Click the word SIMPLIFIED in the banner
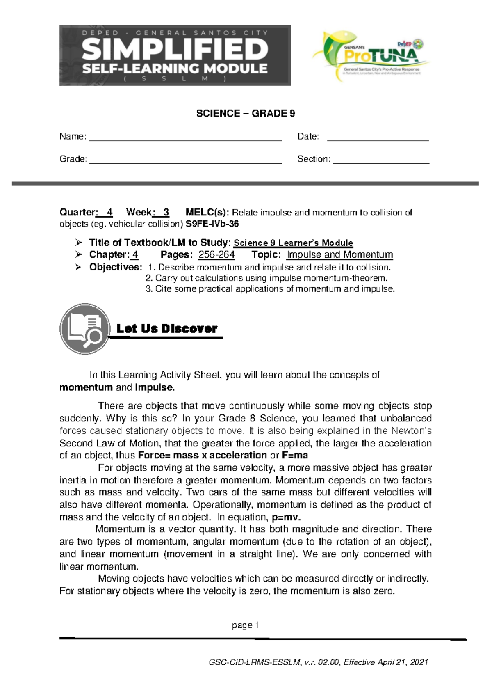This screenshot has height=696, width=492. [x=175, y=50]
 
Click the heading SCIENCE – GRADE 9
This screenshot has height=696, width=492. [x=246, y=114]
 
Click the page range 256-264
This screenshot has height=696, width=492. [x=216, y=255]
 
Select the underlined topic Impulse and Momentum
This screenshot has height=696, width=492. [x=339, y=255]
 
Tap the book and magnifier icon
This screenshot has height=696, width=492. [x=85, y=329]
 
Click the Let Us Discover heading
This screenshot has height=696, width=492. [x=167, y=329]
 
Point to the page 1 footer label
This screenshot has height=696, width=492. [x=245, y=625]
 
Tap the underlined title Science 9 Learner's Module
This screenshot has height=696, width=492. [x=294, y=243]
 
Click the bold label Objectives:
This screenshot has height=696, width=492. [x=116, y=267]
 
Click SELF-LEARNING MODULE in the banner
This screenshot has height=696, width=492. [x=175, y=68]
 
